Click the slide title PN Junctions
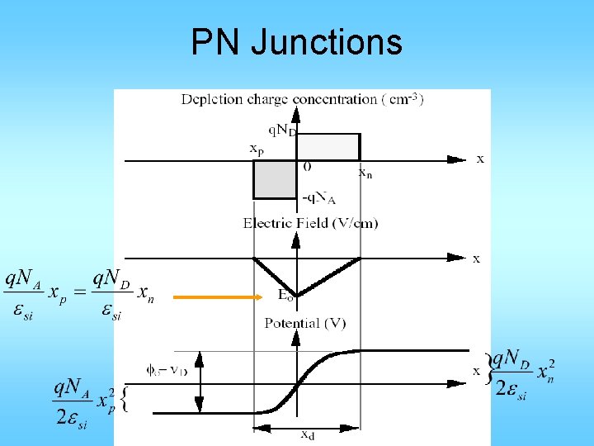296,42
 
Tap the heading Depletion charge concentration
302,100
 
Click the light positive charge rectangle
328,146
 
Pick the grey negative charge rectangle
274,179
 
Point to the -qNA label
318,199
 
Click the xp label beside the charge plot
257,149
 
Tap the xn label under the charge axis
365,173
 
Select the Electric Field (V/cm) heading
310,223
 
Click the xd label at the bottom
306,435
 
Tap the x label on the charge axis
480,159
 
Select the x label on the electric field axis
476,259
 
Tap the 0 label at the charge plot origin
307,167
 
